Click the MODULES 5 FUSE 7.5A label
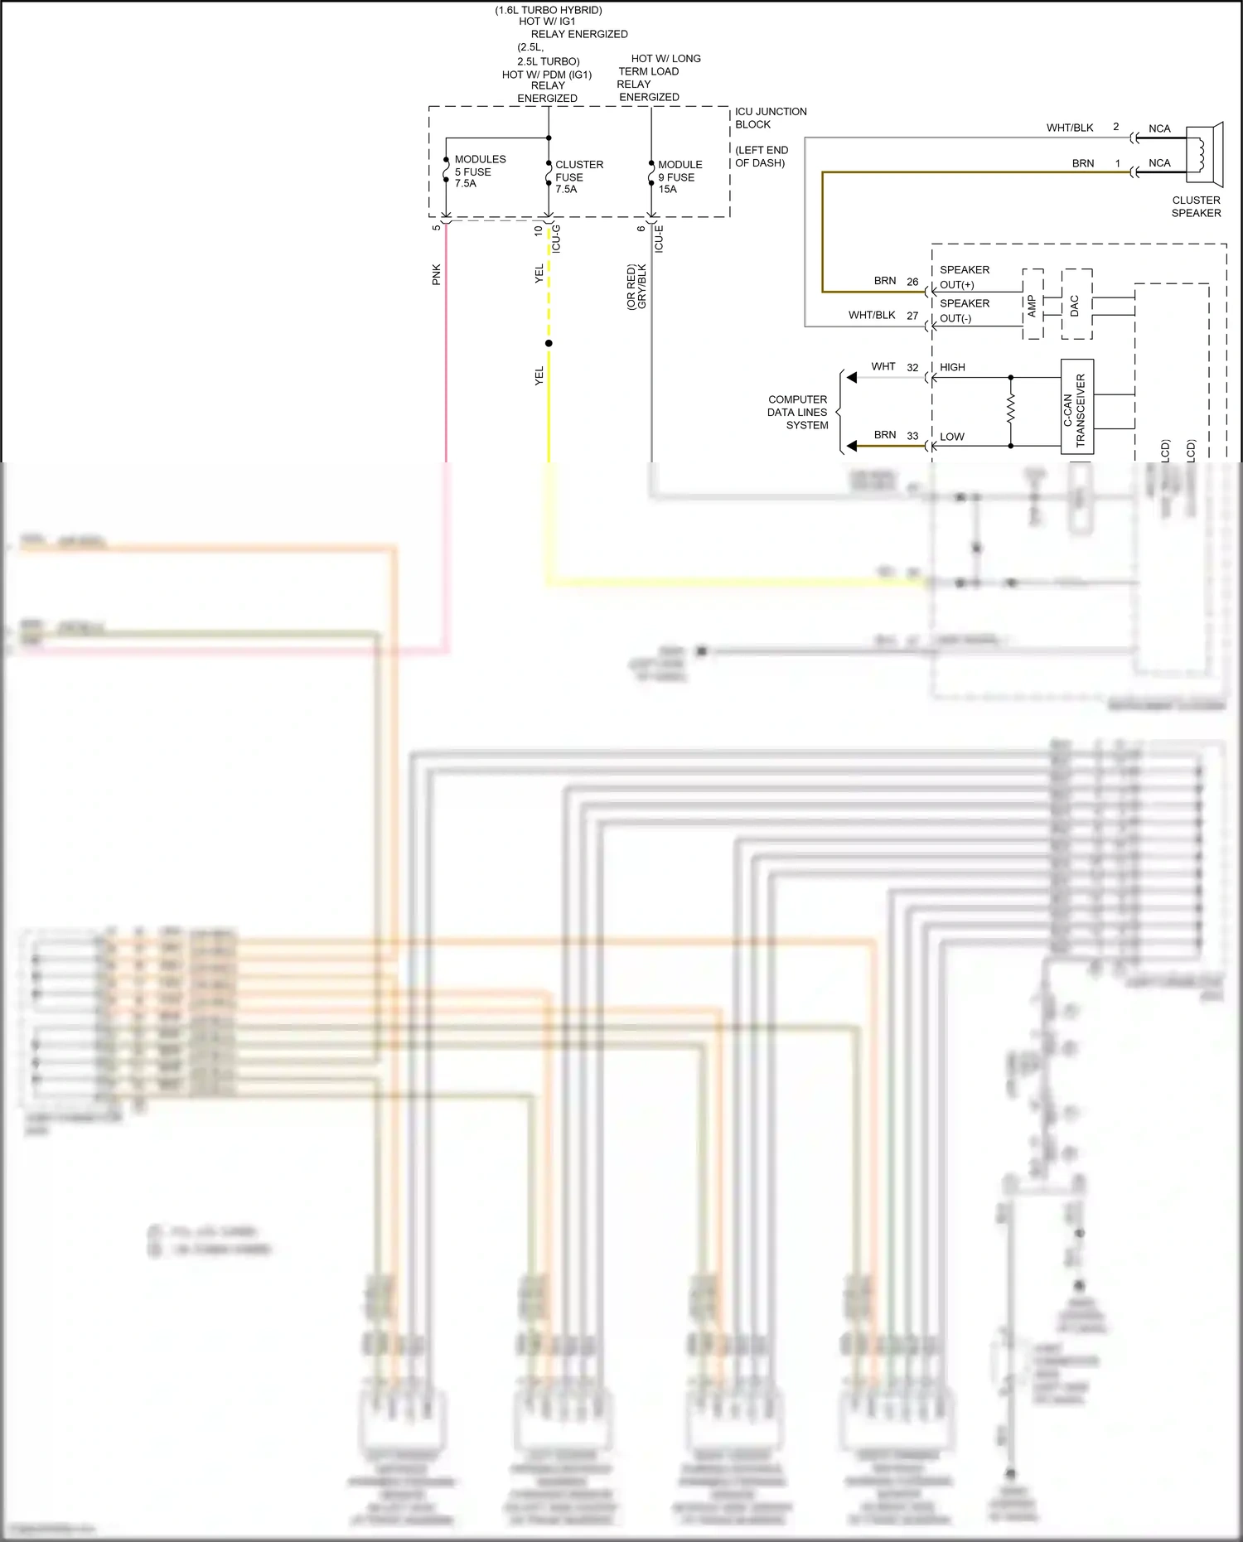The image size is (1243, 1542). (x=479, y=172)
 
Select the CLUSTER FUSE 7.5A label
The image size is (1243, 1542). (x=578, y=177)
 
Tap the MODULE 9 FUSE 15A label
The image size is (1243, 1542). (x=680, y=177)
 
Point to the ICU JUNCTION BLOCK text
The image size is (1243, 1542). (x=770, y=118)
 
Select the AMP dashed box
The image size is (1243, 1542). (x=1033, y=304)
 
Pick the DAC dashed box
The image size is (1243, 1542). (x=1076, y=304)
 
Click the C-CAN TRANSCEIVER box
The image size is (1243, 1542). (x=1077, y=407)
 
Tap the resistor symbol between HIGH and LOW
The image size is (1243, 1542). (x=1011, y=409)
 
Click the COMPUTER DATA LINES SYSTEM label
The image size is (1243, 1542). (x=797, y=412)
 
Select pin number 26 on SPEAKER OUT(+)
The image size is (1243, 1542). (x=912, y=282)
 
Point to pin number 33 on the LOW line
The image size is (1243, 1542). (x=912, y=435)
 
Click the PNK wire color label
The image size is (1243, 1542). (x=437, y=274)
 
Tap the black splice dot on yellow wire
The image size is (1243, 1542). (x=549, y=343)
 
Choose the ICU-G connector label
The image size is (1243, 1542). (x=557, y=239)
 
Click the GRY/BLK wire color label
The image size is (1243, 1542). (x=642, y=287)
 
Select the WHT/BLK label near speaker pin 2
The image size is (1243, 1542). (x=1069, y=128)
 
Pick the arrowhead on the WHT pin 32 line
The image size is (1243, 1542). (x=852, y=378)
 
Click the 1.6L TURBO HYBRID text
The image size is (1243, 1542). (x=549, y=10)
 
